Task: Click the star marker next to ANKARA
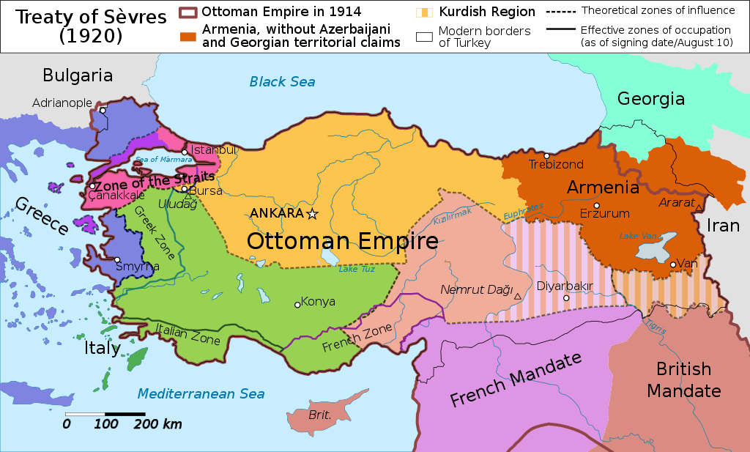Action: pos(313,214)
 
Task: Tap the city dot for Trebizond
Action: pos(546,155)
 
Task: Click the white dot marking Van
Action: pos(672,264)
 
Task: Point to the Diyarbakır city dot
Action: pos(565,298)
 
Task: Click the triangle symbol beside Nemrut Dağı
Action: pos(518,296)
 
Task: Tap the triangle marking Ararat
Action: pos(699,208)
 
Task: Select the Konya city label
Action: pos(318,302)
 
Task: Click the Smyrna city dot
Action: pos(117,260)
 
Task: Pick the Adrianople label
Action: pos(62,103)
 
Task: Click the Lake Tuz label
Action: pos(357,269)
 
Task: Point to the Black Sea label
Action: pos(282,81)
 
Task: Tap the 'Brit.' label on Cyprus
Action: pos(320,415)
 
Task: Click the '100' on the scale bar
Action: pos(106,424)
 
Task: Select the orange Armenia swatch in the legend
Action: pos(188,34)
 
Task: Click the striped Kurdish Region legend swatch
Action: pos(423,11)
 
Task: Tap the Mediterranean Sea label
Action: pos(201,394)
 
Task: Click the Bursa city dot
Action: pos(184,189)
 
